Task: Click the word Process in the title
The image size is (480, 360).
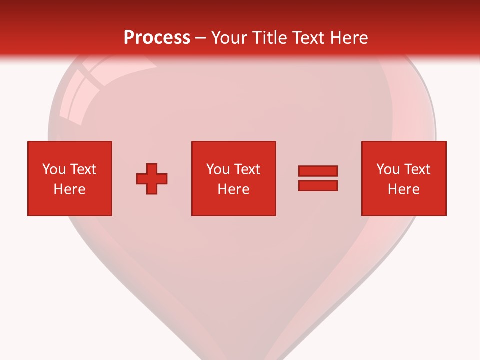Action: tap(157, 38)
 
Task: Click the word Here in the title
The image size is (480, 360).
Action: tap(349, 38)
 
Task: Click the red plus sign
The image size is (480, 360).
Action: tap(152, 179)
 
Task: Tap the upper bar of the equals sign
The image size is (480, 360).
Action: tap(318, 171)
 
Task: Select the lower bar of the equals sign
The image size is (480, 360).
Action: tap(318, 186)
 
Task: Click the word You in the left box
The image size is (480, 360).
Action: tap(54, 169)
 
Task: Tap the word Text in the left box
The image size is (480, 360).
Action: tap(83, 169)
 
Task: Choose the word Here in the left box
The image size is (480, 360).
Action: tap(69, 189)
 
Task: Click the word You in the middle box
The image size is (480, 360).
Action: tap(218, 169)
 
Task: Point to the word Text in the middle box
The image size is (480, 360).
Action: tap(247, 169)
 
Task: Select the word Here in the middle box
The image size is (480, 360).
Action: tap(233, 189)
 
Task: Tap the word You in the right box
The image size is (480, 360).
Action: tap(388, 169)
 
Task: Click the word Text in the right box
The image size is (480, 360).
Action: tap(417, 169)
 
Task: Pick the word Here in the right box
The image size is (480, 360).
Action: tap(403, 189)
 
